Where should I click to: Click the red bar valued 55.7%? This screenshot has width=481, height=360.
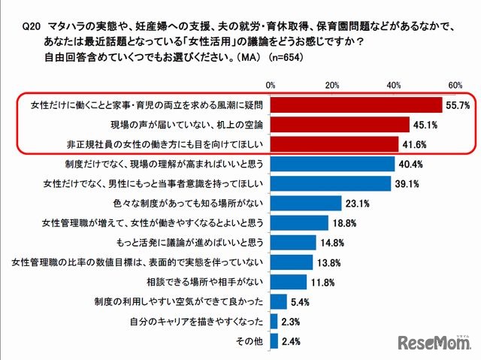point(356,105)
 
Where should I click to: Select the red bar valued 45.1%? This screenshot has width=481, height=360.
point(340,125)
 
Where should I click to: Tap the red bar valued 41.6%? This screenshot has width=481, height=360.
point(334,144)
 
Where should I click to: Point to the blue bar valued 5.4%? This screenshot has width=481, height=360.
point(279,302)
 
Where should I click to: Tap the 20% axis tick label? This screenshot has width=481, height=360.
point(333,84)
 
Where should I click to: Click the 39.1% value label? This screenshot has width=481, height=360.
point(410,183)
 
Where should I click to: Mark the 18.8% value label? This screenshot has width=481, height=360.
point(346,223)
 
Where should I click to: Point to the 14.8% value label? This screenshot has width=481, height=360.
point(334,243)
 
